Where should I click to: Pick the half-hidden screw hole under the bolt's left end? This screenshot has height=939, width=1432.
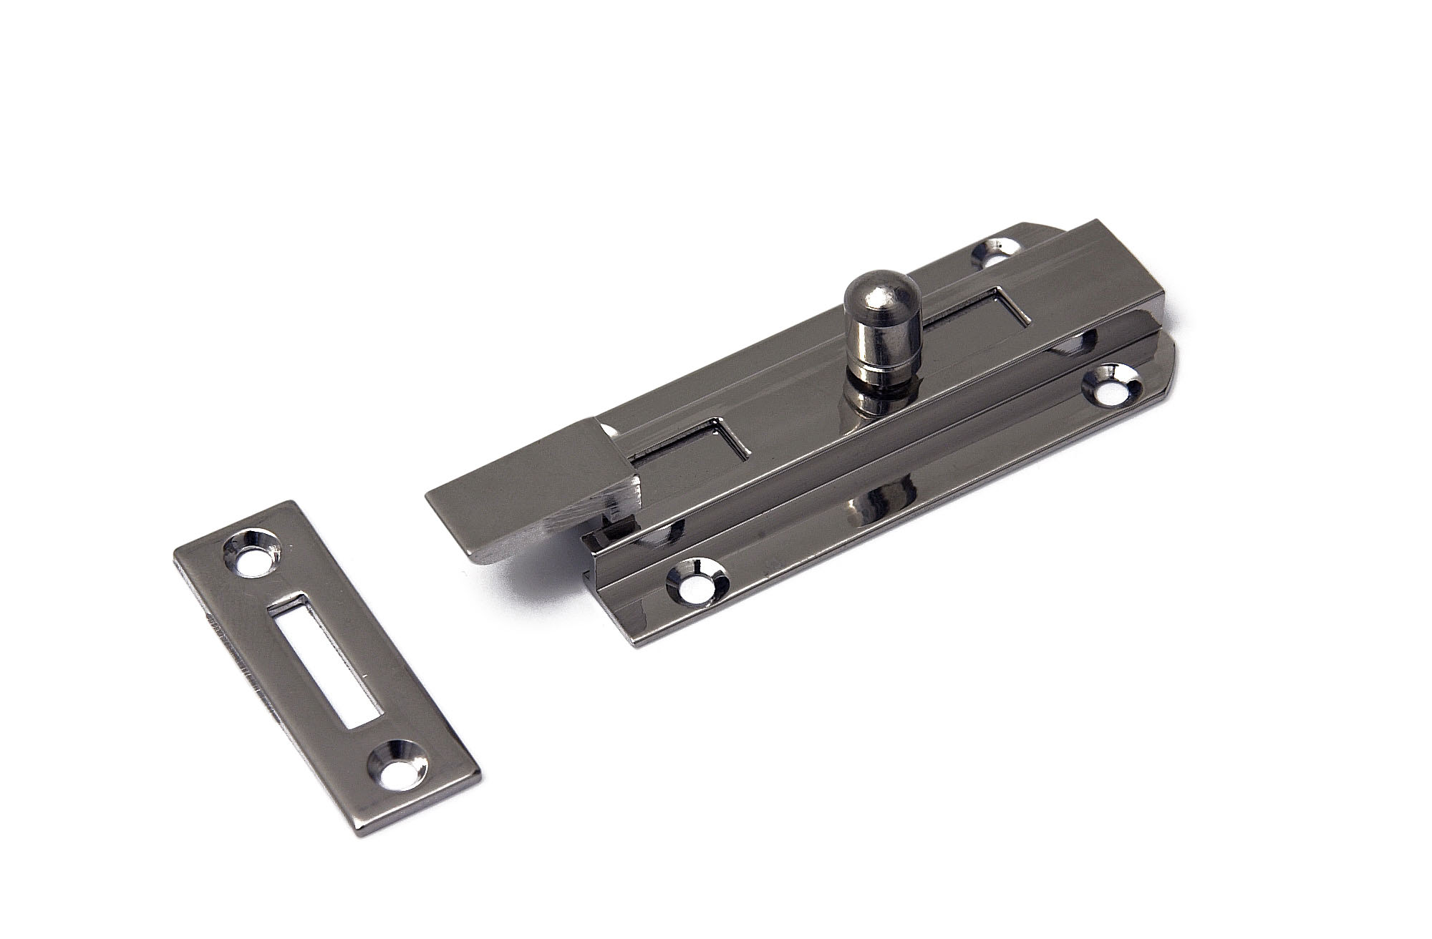[x=663, y=533]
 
